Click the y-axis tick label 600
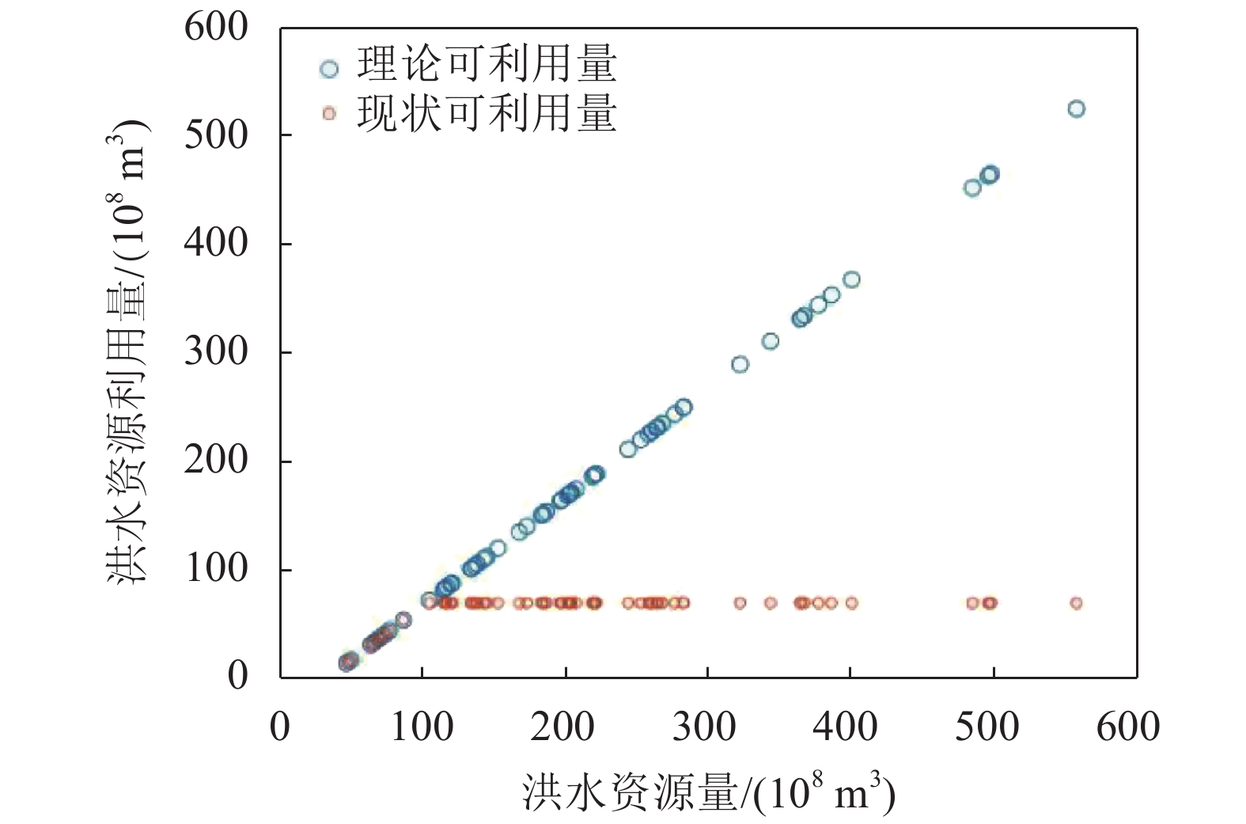coord(216,28)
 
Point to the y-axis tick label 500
coord(216,135)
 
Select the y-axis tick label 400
coord(216,243)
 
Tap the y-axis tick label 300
coord(216,351)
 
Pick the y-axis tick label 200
coord(216,460)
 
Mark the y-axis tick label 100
coord(216,568)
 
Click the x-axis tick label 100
coord(422,727)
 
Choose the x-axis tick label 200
coord(562,727)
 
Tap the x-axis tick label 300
coord(704,727)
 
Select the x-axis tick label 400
coord(846,727)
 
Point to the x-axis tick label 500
coord(987,727)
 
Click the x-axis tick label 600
coord(1128,727)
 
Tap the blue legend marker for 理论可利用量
coord(329,69)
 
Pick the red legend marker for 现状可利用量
coord(329,114)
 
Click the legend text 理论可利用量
coord(487,65)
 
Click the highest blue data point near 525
coord(1076,109)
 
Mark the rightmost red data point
coord(1076,603)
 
